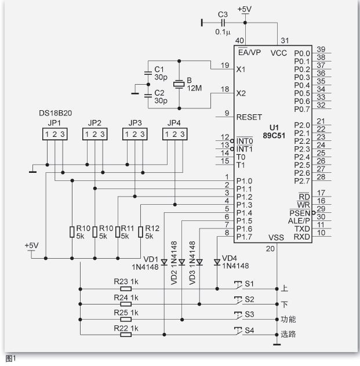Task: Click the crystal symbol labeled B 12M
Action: [179, 84]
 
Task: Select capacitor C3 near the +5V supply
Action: [223, 23]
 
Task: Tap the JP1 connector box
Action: [55, 134]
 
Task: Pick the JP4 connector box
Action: [174, 134]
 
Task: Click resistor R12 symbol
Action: [140, 232]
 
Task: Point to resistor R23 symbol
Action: [126, 289]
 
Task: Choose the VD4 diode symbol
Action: [217, 262]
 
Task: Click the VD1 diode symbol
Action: [164, 262]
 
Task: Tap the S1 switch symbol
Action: [238, 285]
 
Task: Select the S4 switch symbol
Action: [238, 331]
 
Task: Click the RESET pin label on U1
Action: [249, 117]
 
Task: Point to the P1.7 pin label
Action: [244, 237]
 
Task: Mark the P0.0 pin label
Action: [302, 53]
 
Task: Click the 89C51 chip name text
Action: [274, 136]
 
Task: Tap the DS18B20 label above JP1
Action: [55, 113]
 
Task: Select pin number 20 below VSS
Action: [270, 249]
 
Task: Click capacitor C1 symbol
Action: [148, 73]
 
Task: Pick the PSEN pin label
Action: [300, 213]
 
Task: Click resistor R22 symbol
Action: [126, 335]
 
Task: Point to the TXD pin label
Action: [302, 229]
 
